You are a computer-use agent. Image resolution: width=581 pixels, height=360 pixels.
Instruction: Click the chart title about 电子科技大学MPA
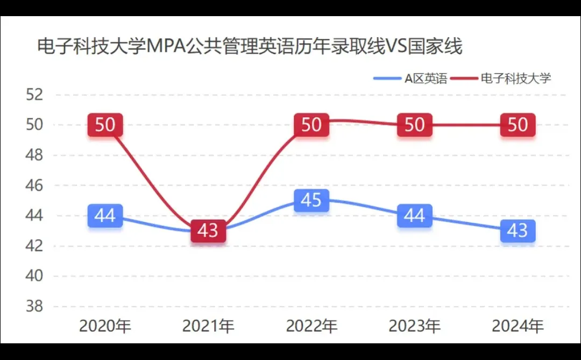pyautogui.click(x=250, y=46)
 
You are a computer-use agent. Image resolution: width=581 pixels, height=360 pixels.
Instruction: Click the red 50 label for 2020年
pyautogui.click(x=105, y=125)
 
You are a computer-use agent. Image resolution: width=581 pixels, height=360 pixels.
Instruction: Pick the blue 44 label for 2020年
pyautogui.click(x=105, y=216)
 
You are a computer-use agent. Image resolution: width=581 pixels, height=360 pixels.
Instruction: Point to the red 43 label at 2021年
pyautogui.click(x=208, y=231)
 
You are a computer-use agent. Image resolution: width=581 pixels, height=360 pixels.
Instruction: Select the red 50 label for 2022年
pyautogui.click(x=311, y=125)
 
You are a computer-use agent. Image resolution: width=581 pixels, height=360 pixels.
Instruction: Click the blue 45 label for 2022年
pyautogui.click(x=311, y=200)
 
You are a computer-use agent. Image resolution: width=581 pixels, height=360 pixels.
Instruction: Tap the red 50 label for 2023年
pyautogui.click(x=414, y=125)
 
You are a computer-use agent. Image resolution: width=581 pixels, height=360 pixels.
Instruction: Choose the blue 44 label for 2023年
pyautogui.click(x=414, y=216)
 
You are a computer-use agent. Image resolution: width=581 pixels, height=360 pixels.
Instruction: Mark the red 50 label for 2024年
pyautogui.click(x=518, y=125)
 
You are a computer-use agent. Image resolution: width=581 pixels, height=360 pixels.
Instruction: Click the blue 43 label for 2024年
pyautogui.click(x=518, y=231)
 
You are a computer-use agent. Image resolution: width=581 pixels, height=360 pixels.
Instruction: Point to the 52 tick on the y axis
pyautogui.click(x=34, y=95)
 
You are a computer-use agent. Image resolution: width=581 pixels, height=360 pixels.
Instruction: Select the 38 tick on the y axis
pyautogui.click(x=34, y=306)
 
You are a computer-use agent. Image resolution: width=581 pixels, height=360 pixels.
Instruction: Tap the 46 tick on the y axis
pyautogui.click(x=34, y=186)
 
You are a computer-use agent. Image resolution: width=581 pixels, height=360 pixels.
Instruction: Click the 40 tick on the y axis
pyautogui.click(x=34, y=276)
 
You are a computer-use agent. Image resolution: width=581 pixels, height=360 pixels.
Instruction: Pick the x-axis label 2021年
pyautogui.click(x=208, y=326)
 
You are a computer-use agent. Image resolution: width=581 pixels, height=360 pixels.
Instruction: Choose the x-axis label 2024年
pyautogui.click(x=518, y=326)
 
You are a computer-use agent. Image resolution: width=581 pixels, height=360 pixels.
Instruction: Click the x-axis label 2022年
pyautogui.click(x=311, y=326)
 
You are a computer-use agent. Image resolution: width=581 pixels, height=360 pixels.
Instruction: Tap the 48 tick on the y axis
pyautogui.click(x=34, y=155)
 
